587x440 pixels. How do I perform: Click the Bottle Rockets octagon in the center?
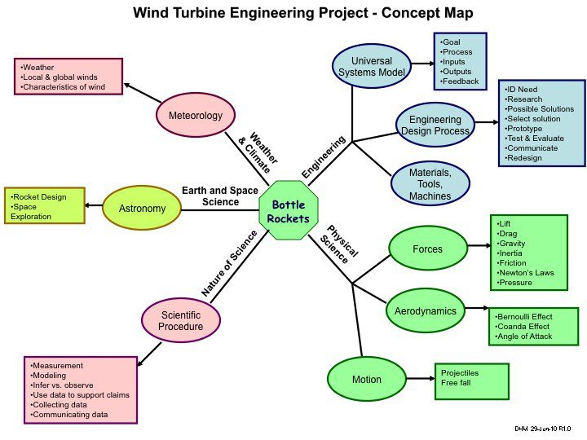tap(289, 211)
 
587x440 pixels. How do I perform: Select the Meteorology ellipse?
tap(196, 116)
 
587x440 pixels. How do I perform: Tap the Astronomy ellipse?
tap(142, 209)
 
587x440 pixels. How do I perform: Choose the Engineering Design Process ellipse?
tap(434, 125)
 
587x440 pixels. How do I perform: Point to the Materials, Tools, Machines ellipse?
tap(430, 184)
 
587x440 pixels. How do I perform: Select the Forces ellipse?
tap(427, 249)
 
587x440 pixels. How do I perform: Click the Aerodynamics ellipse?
tap(425, 311)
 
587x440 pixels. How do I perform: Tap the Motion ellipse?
tap(366, 380)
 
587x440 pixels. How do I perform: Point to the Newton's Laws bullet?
tap(527, 272)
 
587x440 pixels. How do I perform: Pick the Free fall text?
tap(457, 383)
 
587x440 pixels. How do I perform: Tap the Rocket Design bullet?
tap(39, 196)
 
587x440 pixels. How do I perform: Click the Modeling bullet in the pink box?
tap(51, 375)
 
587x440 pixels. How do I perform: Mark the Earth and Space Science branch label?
tap(210, 196)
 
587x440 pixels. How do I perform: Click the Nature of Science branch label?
tap(229, 262)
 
